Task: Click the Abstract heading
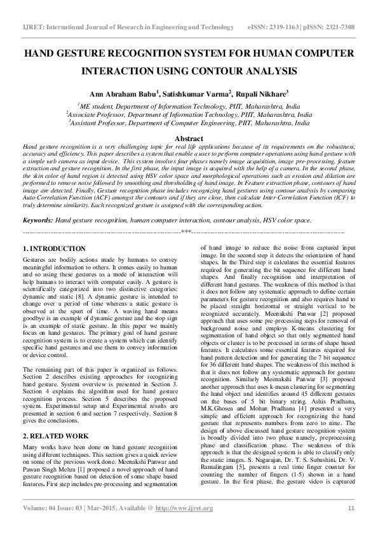pyautogui.click(x=189, y=138)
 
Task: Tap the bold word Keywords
pyautogui.click(x=37, y=220)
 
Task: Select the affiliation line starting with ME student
pyautogui.click(x=189, y=107)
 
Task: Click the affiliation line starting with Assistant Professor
pyautogui.click(x=189, y=123)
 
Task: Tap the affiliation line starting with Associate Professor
pyautogui.click(x=189, y=115)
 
